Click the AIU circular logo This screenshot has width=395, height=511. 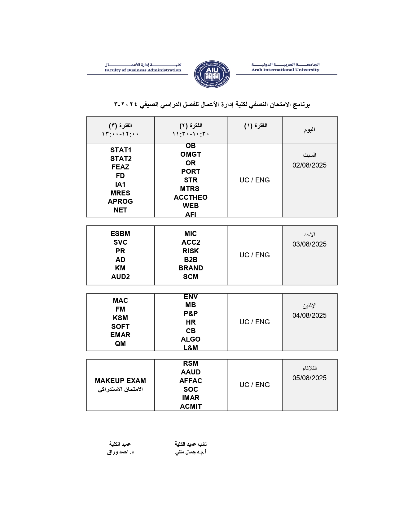[212, 74]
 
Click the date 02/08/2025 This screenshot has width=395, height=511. [309, 165]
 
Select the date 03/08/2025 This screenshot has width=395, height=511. [309, 244]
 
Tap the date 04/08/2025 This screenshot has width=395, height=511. [309, 316]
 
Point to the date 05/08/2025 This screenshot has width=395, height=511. [309, 378]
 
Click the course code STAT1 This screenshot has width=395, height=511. [121, 150]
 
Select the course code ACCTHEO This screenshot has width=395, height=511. [191, 198]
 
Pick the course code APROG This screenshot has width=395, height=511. [120, 202]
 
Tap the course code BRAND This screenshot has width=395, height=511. [191, 268]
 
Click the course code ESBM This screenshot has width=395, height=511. [120, 234]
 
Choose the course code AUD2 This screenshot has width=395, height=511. [120, 277]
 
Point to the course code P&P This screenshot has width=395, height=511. [191, 314]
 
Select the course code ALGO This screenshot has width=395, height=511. [191, 339]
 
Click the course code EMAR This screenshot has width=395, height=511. [120, 335]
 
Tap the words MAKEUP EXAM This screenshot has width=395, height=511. [120, 381]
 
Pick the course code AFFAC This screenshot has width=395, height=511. [191, 381]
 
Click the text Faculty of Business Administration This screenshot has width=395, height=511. [143, 70]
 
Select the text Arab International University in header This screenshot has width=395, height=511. [285, 70]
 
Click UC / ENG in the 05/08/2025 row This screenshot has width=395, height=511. [254, 385]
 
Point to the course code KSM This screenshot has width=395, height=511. [120, 318]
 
